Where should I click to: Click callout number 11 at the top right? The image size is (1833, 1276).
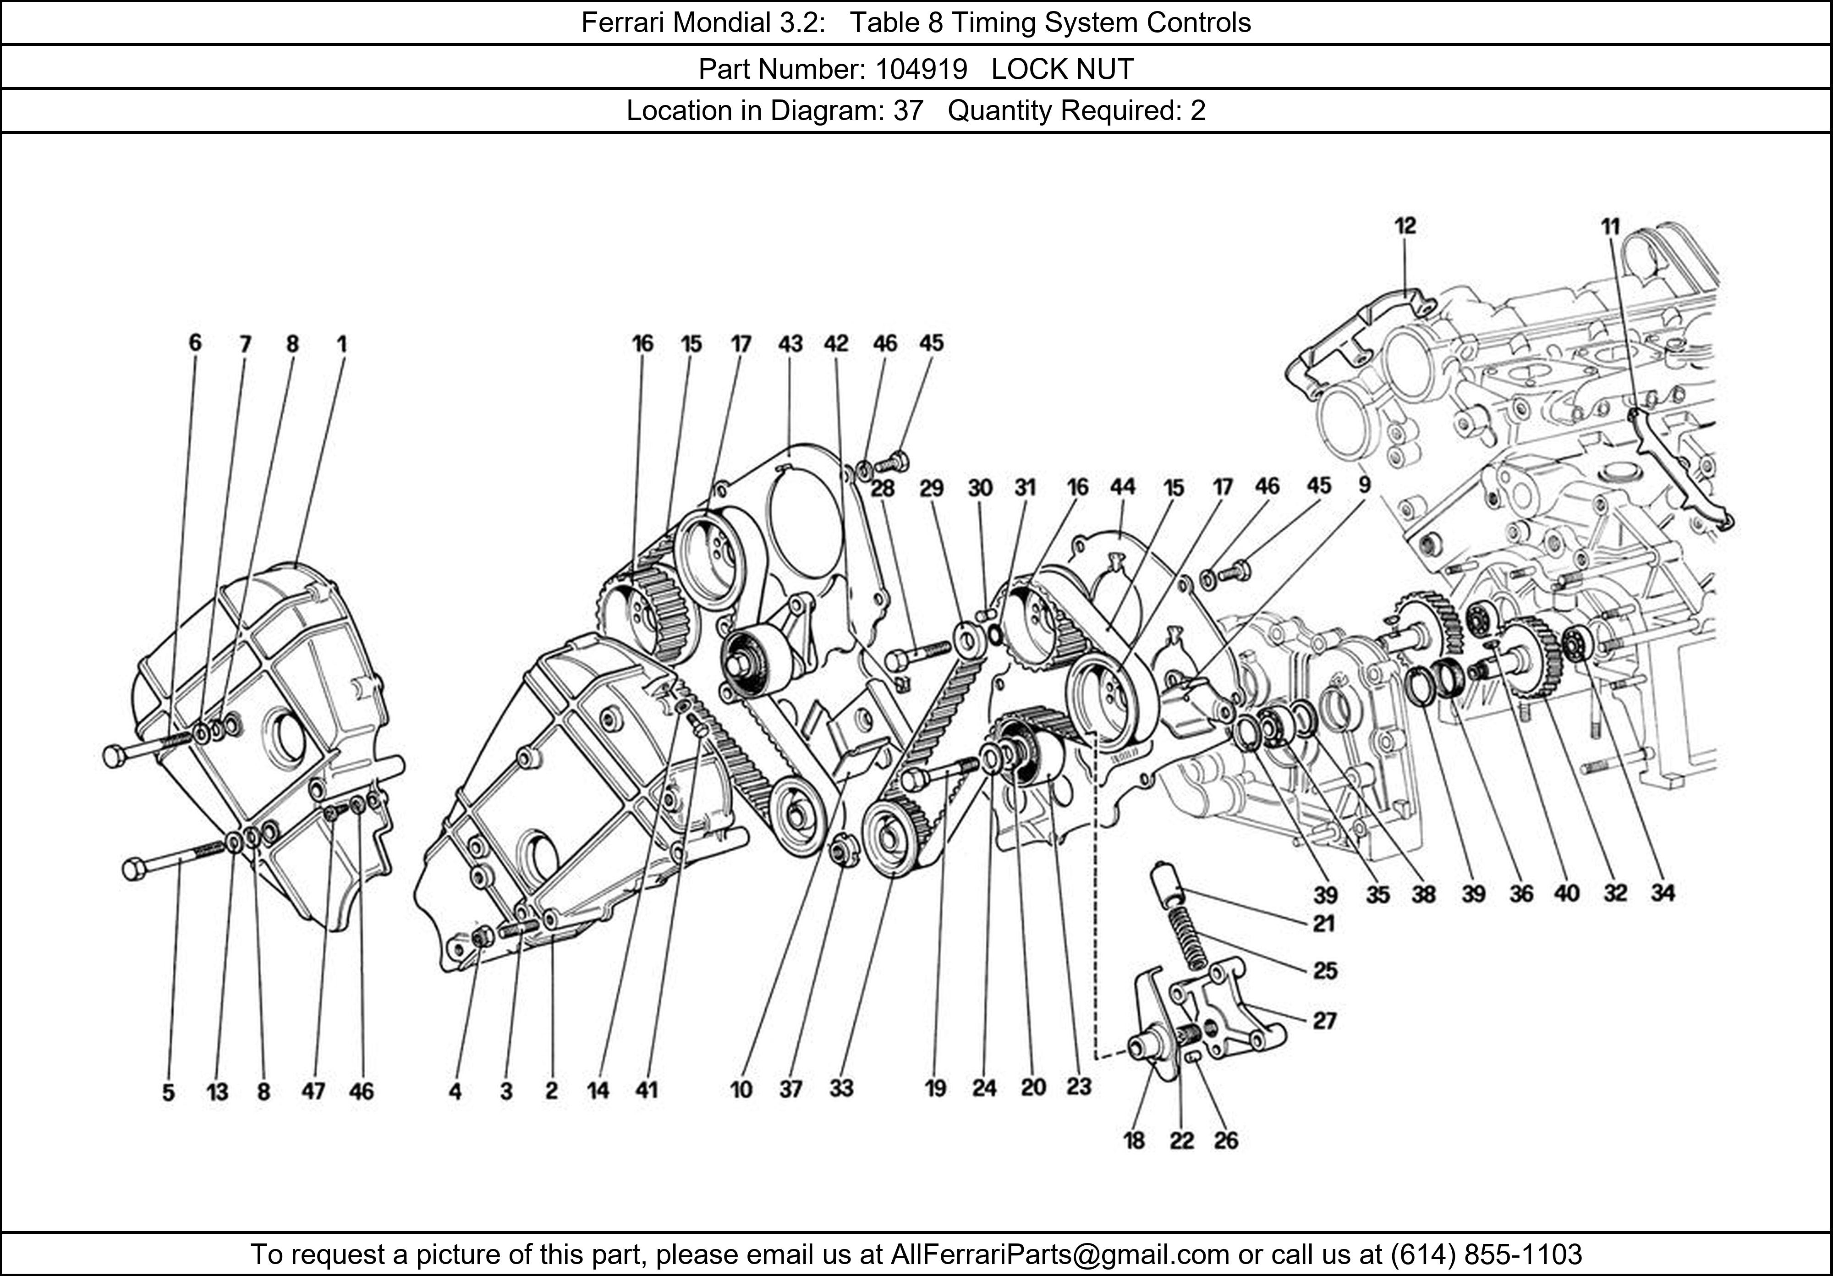[x=1610, y=227]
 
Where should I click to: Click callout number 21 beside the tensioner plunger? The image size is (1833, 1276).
[x=1324, y=924]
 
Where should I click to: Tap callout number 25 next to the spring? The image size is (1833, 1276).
[x=1324, y=971]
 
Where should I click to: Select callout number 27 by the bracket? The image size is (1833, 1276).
[x=1324, y=1021]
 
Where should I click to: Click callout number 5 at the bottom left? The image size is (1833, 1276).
[x=169, y=1092]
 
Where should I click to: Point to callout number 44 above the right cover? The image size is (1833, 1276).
[x=1122, y=487]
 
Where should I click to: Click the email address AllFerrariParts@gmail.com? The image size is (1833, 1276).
[x=1059, y=1254]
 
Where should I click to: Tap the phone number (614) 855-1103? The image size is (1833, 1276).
[x=1486, y=1254]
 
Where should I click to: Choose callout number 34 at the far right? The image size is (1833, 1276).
[x=1662, y=893]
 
